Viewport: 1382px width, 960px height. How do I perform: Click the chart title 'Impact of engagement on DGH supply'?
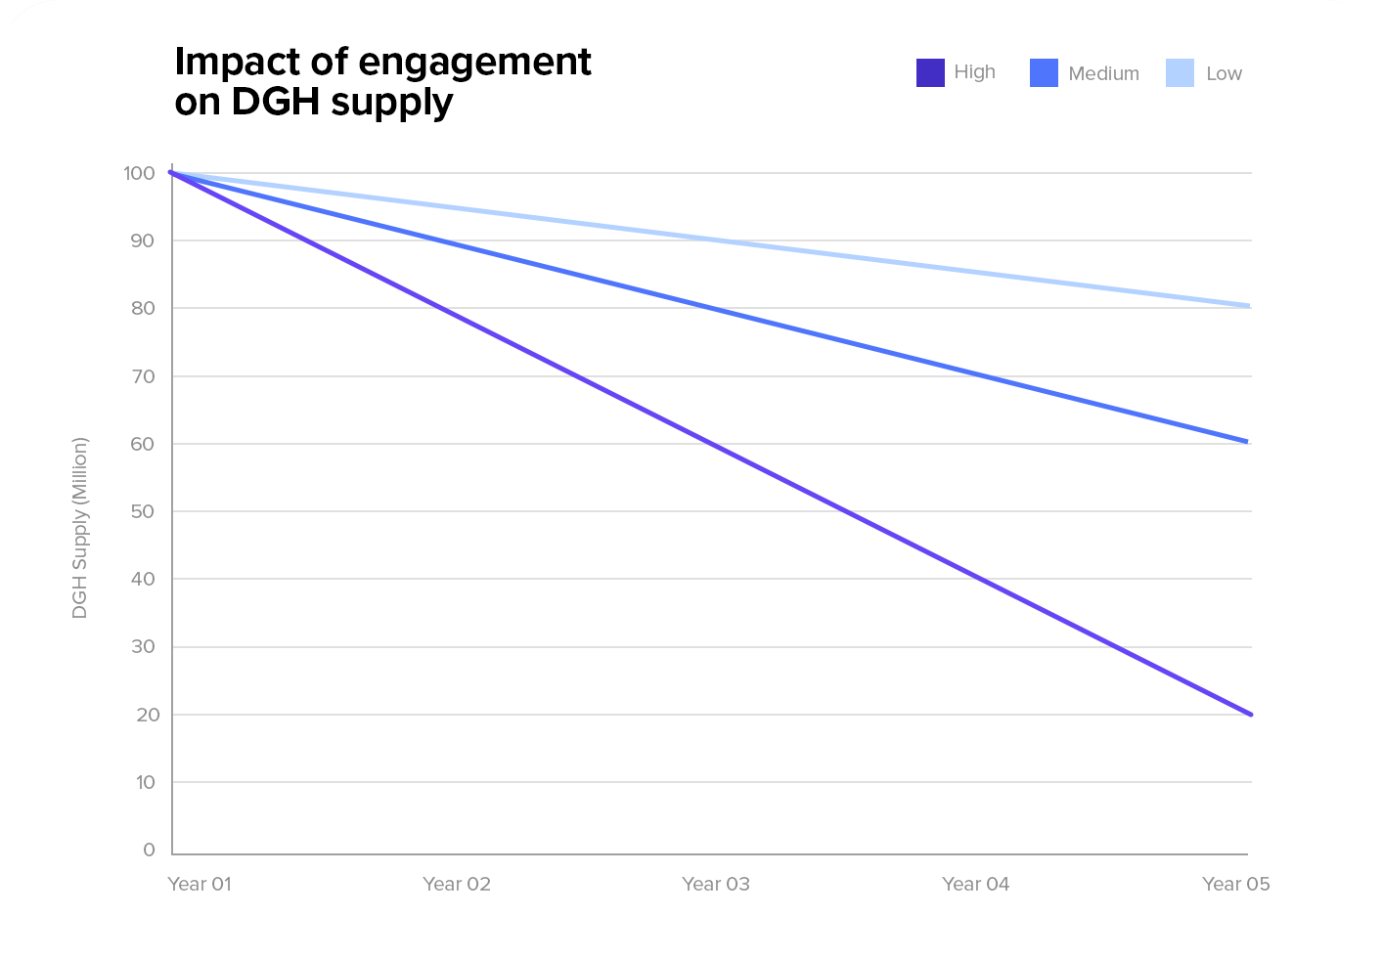[382, 81]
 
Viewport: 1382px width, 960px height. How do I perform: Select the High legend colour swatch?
[930, 73]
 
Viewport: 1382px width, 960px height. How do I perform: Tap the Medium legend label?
[1103, 73]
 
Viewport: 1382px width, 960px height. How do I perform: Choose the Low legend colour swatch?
[1180, 73]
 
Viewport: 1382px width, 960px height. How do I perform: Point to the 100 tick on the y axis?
[139, 173]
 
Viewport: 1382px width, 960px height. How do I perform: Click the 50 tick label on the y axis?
[143, 511]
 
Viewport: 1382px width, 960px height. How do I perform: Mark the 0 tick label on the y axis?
[149, 850]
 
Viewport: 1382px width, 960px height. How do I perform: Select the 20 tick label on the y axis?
[148, 715]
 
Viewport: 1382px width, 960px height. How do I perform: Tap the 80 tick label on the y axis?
[143, 308]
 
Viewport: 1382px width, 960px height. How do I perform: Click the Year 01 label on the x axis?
[200, 884]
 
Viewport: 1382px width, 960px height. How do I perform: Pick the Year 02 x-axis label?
[457, 884]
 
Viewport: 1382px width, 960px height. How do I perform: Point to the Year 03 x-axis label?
[716, 884]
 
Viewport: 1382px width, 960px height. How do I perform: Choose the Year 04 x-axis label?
[975, 884]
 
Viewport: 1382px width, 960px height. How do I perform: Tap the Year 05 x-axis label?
[1235, 884]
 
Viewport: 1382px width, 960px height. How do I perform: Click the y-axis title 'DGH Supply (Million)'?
[80, 528]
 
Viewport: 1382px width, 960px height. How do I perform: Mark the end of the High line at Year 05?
[1250, 715]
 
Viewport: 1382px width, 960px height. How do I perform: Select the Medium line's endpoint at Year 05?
[1247, 442]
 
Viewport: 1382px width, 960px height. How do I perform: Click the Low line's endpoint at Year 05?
[1249, 306]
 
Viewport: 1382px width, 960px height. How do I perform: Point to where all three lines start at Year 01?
[172, 172]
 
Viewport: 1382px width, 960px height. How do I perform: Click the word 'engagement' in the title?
[475, 62]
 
